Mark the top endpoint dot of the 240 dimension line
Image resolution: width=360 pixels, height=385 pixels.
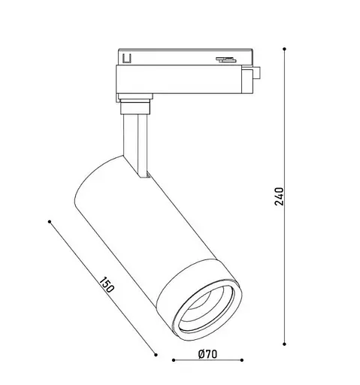click(x=285, y=49)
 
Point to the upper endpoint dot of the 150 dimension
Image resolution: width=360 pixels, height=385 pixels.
click(x=50, y=222)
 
